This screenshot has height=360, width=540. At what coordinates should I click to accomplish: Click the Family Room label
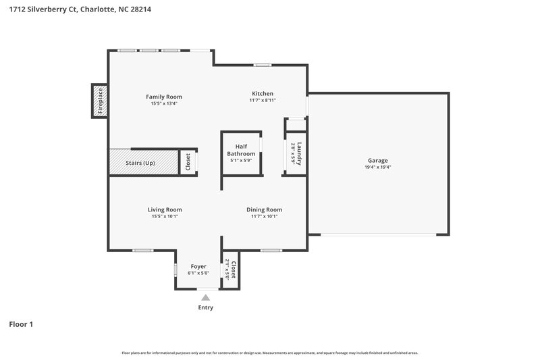[164, 97]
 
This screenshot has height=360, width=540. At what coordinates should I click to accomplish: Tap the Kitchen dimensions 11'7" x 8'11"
[263, 101]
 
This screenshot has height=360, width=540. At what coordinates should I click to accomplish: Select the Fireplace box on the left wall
[100, 101]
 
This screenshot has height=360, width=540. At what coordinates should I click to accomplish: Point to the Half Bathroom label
[241, 150]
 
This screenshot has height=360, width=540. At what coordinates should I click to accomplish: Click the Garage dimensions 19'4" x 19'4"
[377, 168]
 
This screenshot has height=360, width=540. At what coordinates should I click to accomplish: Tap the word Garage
[377, 161]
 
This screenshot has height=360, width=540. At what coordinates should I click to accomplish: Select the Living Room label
[165, 209]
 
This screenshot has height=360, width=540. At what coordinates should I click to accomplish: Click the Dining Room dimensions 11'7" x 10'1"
[264, 216]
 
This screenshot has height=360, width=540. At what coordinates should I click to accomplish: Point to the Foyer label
[198, 266]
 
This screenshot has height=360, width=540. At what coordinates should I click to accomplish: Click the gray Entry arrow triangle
[206, 297]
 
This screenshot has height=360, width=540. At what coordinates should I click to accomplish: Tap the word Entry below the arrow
[206, 308]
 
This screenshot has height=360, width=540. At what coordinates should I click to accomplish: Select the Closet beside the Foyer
[231, 270]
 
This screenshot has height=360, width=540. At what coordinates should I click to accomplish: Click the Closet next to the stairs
[188, 162]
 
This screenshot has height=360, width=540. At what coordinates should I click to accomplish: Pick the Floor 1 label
[21, 324]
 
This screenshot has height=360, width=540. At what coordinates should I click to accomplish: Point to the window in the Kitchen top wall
[263, 65]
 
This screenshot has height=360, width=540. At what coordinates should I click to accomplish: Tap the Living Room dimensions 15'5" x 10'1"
[165, 216]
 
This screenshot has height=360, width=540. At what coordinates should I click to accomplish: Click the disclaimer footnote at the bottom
[270, 353]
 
